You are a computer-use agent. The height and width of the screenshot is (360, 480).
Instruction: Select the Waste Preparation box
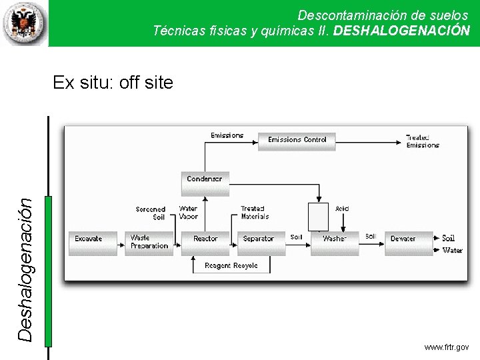(x=149, y=242)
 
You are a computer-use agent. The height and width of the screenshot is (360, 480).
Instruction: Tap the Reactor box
(x=205, y=242)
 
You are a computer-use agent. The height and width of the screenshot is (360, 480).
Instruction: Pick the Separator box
(x=259, y=242)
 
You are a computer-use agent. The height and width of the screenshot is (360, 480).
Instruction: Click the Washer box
(x=335, y=242)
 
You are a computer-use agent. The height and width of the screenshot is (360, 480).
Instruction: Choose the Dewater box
(x=407, y=242)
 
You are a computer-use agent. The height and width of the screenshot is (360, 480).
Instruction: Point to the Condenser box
(x=204, y=182)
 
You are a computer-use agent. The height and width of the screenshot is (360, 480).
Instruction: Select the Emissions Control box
(x=297, y=141)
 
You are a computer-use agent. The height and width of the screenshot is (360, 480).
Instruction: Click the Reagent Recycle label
(x=231, y=265)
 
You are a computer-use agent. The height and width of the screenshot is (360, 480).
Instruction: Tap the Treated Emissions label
(x=423, y=141)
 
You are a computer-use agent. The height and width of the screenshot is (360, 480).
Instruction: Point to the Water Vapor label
(x=189, y=213)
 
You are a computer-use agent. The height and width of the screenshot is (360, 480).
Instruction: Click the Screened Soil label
(x=151, y=213)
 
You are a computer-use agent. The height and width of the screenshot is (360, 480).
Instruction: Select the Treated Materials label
(x=255, y=213)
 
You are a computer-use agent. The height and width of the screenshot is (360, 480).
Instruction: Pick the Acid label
(x=342, y=209)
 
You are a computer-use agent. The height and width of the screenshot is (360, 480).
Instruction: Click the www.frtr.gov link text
(x=446, y=347)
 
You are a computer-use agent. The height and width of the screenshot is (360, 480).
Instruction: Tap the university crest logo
(x=24, y=23)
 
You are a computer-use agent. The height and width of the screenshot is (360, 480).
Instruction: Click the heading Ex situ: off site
(x=113, y=83)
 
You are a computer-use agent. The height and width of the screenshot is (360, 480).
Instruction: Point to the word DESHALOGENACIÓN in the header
(x=401, y=31)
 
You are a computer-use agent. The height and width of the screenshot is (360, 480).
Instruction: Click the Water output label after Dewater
(x=453, y=251)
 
